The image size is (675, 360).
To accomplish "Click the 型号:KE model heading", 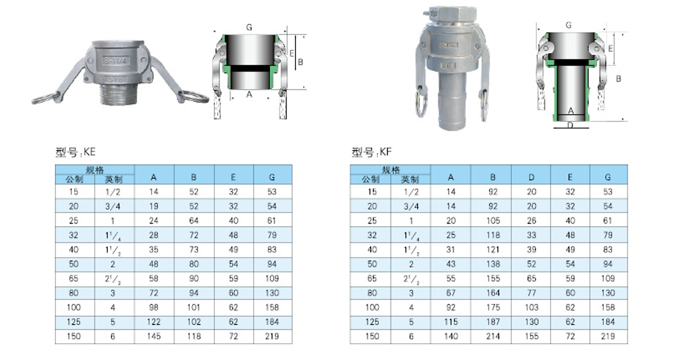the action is [75, 152].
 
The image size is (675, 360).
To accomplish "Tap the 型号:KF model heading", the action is [372, 152].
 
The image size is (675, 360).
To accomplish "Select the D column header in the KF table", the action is [531, 177].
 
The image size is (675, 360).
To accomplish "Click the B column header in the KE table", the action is [194, 177].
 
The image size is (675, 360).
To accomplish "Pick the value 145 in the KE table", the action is [154, 336].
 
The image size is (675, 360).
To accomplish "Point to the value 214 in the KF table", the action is [493, 336].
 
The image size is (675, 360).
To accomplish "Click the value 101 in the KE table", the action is [193, 307].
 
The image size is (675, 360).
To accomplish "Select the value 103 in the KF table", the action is [531, 307].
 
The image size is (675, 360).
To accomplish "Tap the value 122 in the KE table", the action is [154, 322].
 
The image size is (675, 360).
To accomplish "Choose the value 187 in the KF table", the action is [493, 322].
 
